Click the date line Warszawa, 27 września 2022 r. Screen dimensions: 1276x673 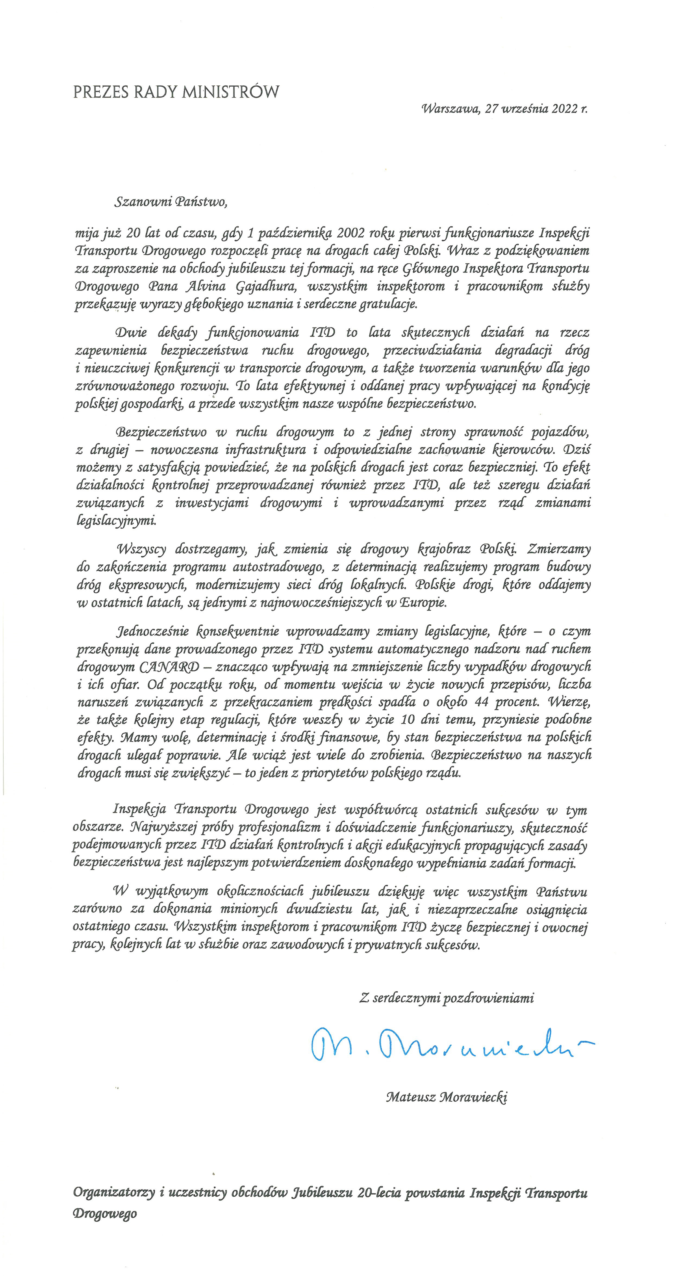click(x=504, y=109)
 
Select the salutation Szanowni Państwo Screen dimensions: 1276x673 click(x=171, y=202)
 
